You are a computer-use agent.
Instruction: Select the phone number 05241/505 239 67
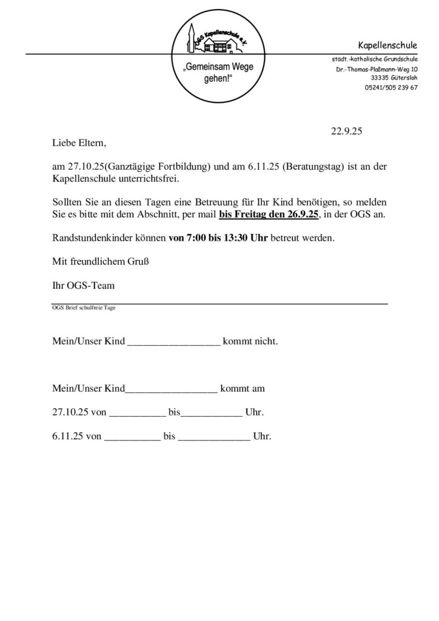[x=391, y=87]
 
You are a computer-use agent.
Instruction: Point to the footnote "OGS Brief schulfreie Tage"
[x=84, y=307]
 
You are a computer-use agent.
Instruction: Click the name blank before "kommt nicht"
[x=173, y=343]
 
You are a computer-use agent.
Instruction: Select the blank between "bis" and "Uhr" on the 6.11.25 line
[x=214, y=437]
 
